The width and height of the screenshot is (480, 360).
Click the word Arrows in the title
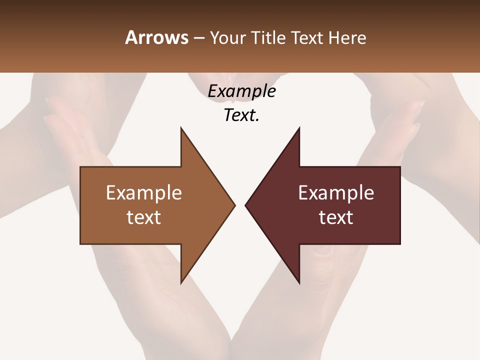click(x=156, y=37)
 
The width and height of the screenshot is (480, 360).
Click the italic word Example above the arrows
click(x=241, y=91)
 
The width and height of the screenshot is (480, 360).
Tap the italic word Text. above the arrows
click(x=241, y=115)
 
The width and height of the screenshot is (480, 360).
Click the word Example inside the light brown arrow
click(x=144, y=192)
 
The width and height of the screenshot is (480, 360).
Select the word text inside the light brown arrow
click(x=144, y=217)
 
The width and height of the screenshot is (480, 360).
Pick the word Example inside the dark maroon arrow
click(x=336, y=192)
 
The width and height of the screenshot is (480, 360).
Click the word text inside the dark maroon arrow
click(x=336, y=217)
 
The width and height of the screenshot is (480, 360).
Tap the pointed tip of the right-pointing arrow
click(x=234, y=205)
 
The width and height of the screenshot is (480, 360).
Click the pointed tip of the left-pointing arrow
click(x=245, y=205)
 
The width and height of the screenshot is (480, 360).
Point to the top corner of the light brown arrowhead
click(x=181, y=128)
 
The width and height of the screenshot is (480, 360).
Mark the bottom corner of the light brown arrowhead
click(x=181, y=283)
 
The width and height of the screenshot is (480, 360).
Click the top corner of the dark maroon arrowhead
click(x=299, y=128)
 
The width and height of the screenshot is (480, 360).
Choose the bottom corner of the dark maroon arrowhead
click(x=299, y=283)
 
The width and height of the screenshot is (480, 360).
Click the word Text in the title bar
click(x=306, y=37)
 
